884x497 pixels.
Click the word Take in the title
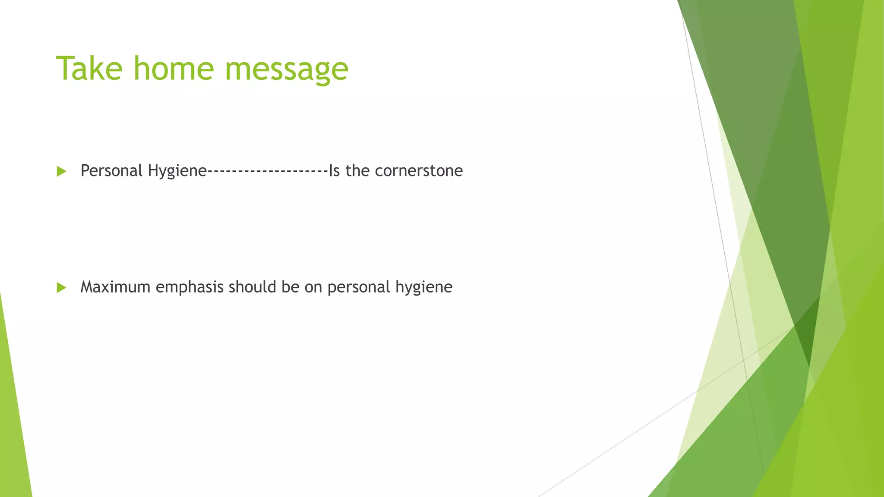point(89,69)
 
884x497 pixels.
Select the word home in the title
point(174,69)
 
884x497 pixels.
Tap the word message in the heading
point(286,70)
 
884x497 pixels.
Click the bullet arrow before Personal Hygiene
point(61,172)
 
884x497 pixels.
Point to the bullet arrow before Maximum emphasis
point(61,288)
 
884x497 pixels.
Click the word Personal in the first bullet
point(111,171)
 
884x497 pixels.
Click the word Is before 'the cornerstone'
point(334,171)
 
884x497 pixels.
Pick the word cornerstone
point(419,171)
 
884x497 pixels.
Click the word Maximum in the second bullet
point(115,287)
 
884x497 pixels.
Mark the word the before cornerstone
point(357,171)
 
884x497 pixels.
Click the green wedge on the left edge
point(13,423)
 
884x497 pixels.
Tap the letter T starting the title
point(64,69)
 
